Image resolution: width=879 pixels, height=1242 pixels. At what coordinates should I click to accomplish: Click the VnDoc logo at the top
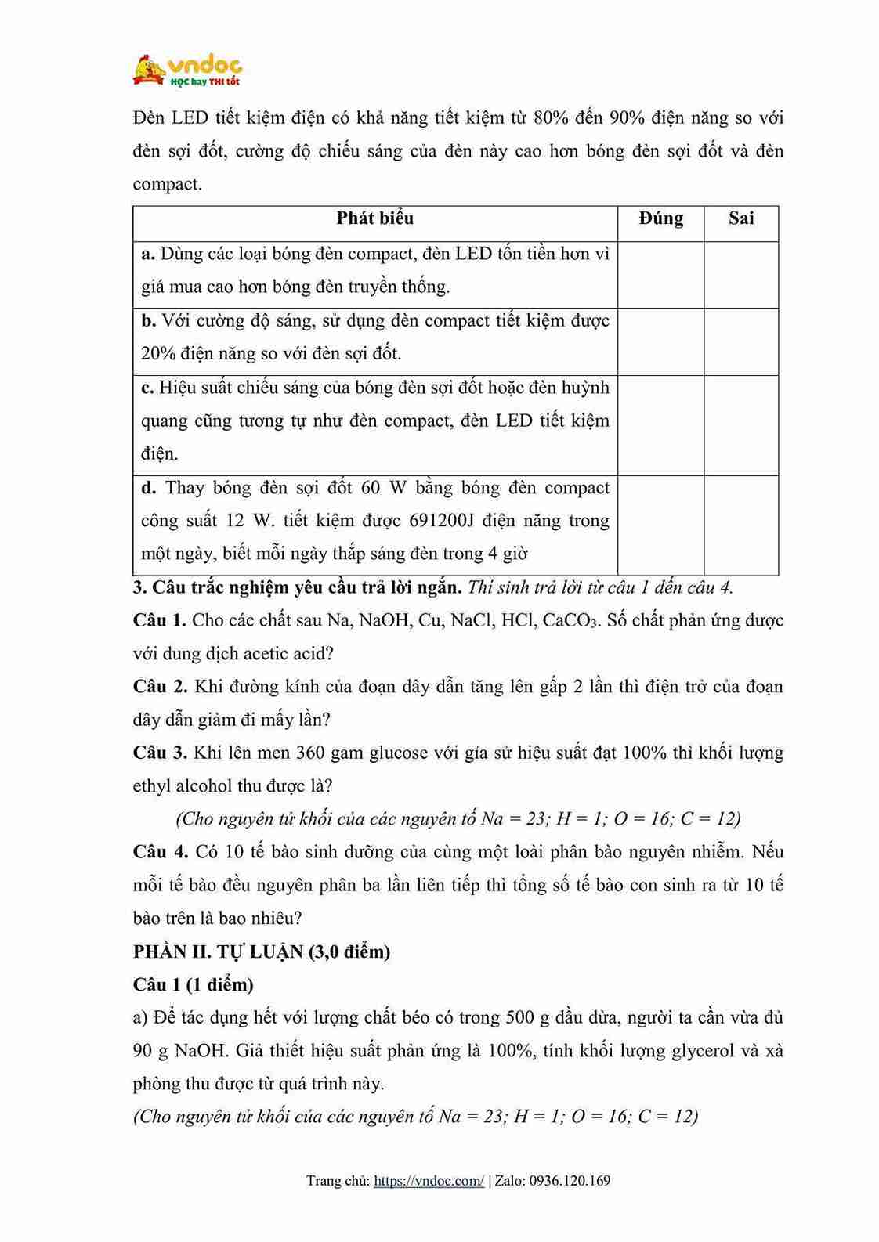(x=188, y=70)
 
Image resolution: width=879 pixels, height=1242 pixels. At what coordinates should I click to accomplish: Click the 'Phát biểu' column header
(x=374, y=218)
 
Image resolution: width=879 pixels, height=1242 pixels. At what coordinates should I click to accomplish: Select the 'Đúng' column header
(x=660, y=218)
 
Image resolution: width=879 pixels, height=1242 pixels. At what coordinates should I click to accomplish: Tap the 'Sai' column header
(x=740, y=218)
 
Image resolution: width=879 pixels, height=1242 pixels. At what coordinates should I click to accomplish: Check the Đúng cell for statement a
(x=660, y=274)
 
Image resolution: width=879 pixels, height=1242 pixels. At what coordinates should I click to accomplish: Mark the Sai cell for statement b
(x=740, y=341)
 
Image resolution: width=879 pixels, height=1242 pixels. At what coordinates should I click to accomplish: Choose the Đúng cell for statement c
(x=660, y=424)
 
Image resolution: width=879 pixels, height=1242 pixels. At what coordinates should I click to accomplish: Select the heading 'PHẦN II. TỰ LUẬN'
(x=262, y=952)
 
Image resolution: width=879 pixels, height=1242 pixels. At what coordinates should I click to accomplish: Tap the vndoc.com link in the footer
(x=429, y=1181)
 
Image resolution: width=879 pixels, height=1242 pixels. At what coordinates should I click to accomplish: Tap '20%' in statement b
(x=158, y=354)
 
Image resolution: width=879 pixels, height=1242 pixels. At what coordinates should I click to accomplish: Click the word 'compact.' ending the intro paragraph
(x=168, y=185)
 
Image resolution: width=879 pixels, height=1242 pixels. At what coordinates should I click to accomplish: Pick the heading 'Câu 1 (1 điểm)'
(x=194, y=984)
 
